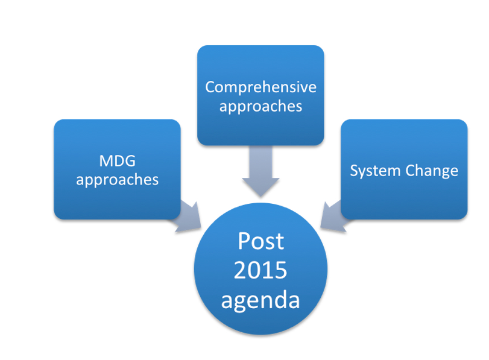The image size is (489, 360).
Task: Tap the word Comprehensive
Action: [260, 87]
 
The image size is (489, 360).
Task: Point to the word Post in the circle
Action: [260, 241]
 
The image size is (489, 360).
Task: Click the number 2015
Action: [260, 270]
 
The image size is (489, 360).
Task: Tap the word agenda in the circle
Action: [260, 299]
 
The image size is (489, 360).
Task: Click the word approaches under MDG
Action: [117, 180]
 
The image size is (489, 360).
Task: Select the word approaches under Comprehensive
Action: [260, 107]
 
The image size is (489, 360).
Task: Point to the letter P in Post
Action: [244, 241]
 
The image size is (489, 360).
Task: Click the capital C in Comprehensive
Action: [210, 87]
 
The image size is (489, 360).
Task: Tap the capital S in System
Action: [355, 170]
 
